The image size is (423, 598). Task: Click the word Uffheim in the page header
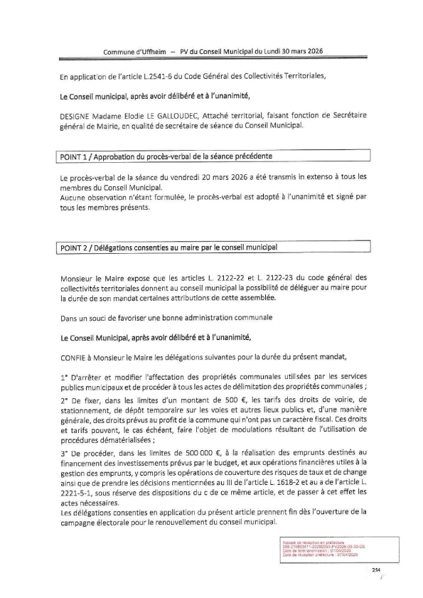point(155,52)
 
